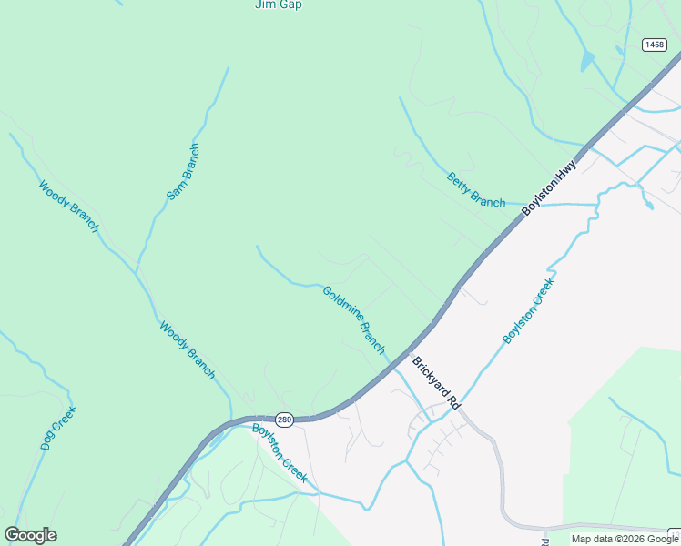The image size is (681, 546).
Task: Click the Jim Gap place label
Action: (278, 5)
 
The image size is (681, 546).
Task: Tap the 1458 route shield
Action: (653, 45)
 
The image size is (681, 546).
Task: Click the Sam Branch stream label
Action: (182, 172)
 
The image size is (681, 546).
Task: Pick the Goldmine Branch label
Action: (354, 320)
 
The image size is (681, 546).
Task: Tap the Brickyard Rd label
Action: (437, 381)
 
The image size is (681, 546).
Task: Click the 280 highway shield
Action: (284, 420)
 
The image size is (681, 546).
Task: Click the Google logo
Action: (31, 535)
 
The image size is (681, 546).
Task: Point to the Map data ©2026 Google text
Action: (625, 540)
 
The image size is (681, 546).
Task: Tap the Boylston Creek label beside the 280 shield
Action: (280, 453)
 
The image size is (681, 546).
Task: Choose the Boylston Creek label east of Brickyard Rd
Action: (529, 310)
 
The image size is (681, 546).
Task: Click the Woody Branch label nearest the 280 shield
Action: (187, 349)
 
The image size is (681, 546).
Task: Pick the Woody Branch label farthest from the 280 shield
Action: (68, 207)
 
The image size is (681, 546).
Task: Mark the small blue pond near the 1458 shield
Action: (587, 61)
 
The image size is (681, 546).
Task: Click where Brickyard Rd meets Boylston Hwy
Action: (411, 353)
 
